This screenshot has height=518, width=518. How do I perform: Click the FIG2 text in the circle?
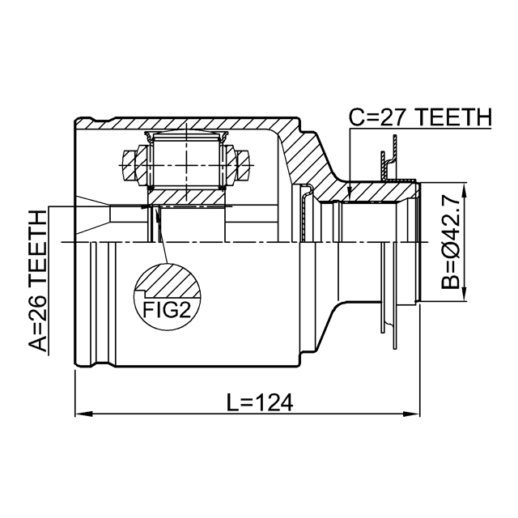click(x=167, y=310)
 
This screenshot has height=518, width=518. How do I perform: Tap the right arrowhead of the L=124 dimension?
click(x=412, y=414)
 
